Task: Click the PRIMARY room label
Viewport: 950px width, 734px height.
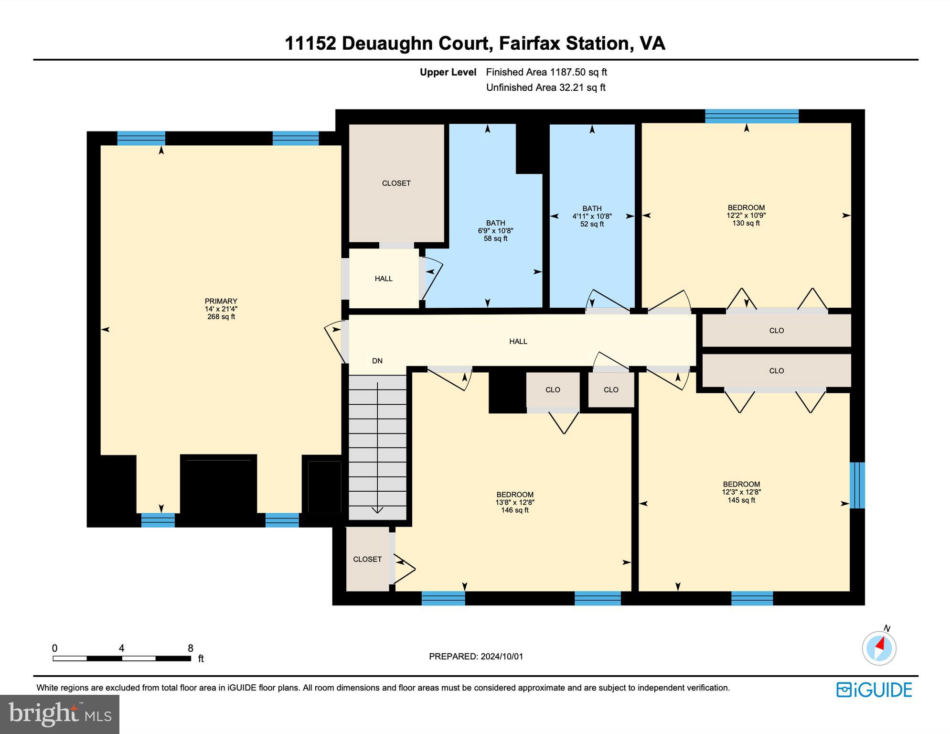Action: pos(221,301)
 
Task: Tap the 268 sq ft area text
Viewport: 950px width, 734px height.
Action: pos(221,317)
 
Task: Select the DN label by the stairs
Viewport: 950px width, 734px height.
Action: pos(377,361)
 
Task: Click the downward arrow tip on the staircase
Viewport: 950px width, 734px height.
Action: pos(377,511)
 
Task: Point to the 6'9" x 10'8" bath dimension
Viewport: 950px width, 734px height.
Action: pos(495,231)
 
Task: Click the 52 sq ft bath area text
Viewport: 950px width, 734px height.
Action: pos(592,224)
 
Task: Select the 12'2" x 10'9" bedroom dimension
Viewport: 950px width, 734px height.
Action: pos(746,216)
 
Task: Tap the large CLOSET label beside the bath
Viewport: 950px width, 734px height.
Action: pos(396,183)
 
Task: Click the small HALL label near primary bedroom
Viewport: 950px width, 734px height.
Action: pos(384,279)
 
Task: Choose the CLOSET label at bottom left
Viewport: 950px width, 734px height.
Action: pos(367,559)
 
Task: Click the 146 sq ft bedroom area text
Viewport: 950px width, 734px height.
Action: pos(514,510)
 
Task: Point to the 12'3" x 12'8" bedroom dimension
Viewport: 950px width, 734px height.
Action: pos(741,492)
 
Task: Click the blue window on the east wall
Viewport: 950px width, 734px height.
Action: pos(857,485)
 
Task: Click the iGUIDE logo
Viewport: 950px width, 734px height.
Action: pos(874,690)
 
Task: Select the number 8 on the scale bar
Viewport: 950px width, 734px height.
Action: pos(190,648)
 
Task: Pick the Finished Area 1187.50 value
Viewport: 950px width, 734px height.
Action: pos(567,72)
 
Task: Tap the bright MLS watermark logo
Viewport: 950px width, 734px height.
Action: pos(59,714)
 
